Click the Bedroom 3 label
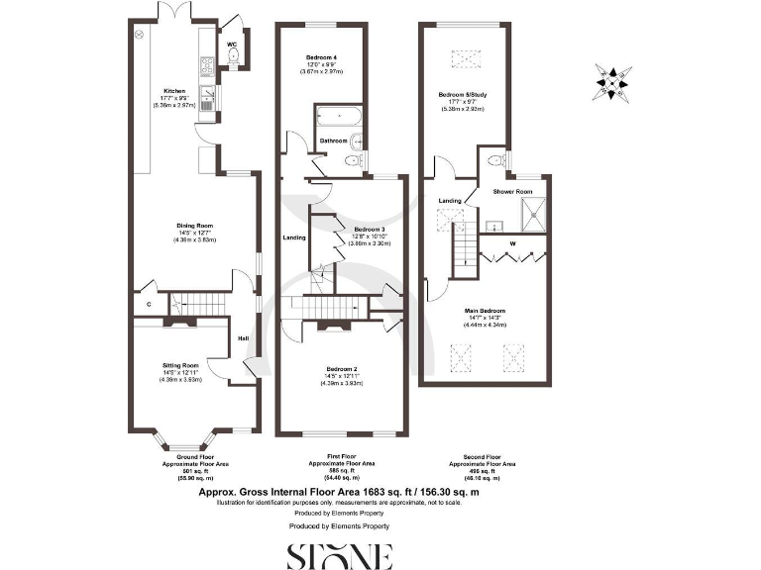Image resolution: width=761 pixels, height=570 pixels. pos(369,230)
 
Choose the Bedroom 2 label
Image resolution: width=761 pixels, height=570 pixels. pos(341,369)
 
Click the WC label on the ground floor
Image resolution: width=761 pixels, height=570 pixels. pos(231,45)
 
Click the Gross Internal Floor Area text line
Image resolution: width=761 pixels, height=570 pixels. pos(340,491)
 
